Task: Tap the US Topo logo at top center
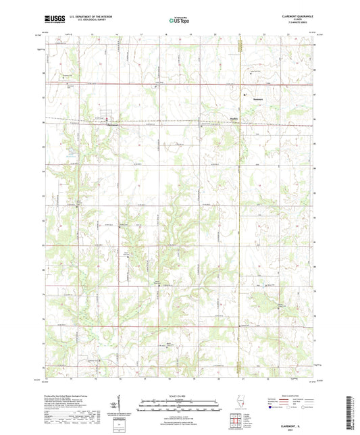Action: pos(179,22)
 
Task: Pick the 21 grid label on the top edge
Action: pos(240,33)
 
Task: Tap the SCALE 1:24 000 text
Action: pos(180,396)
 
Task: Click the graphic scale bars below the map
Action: pos(180,407)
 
